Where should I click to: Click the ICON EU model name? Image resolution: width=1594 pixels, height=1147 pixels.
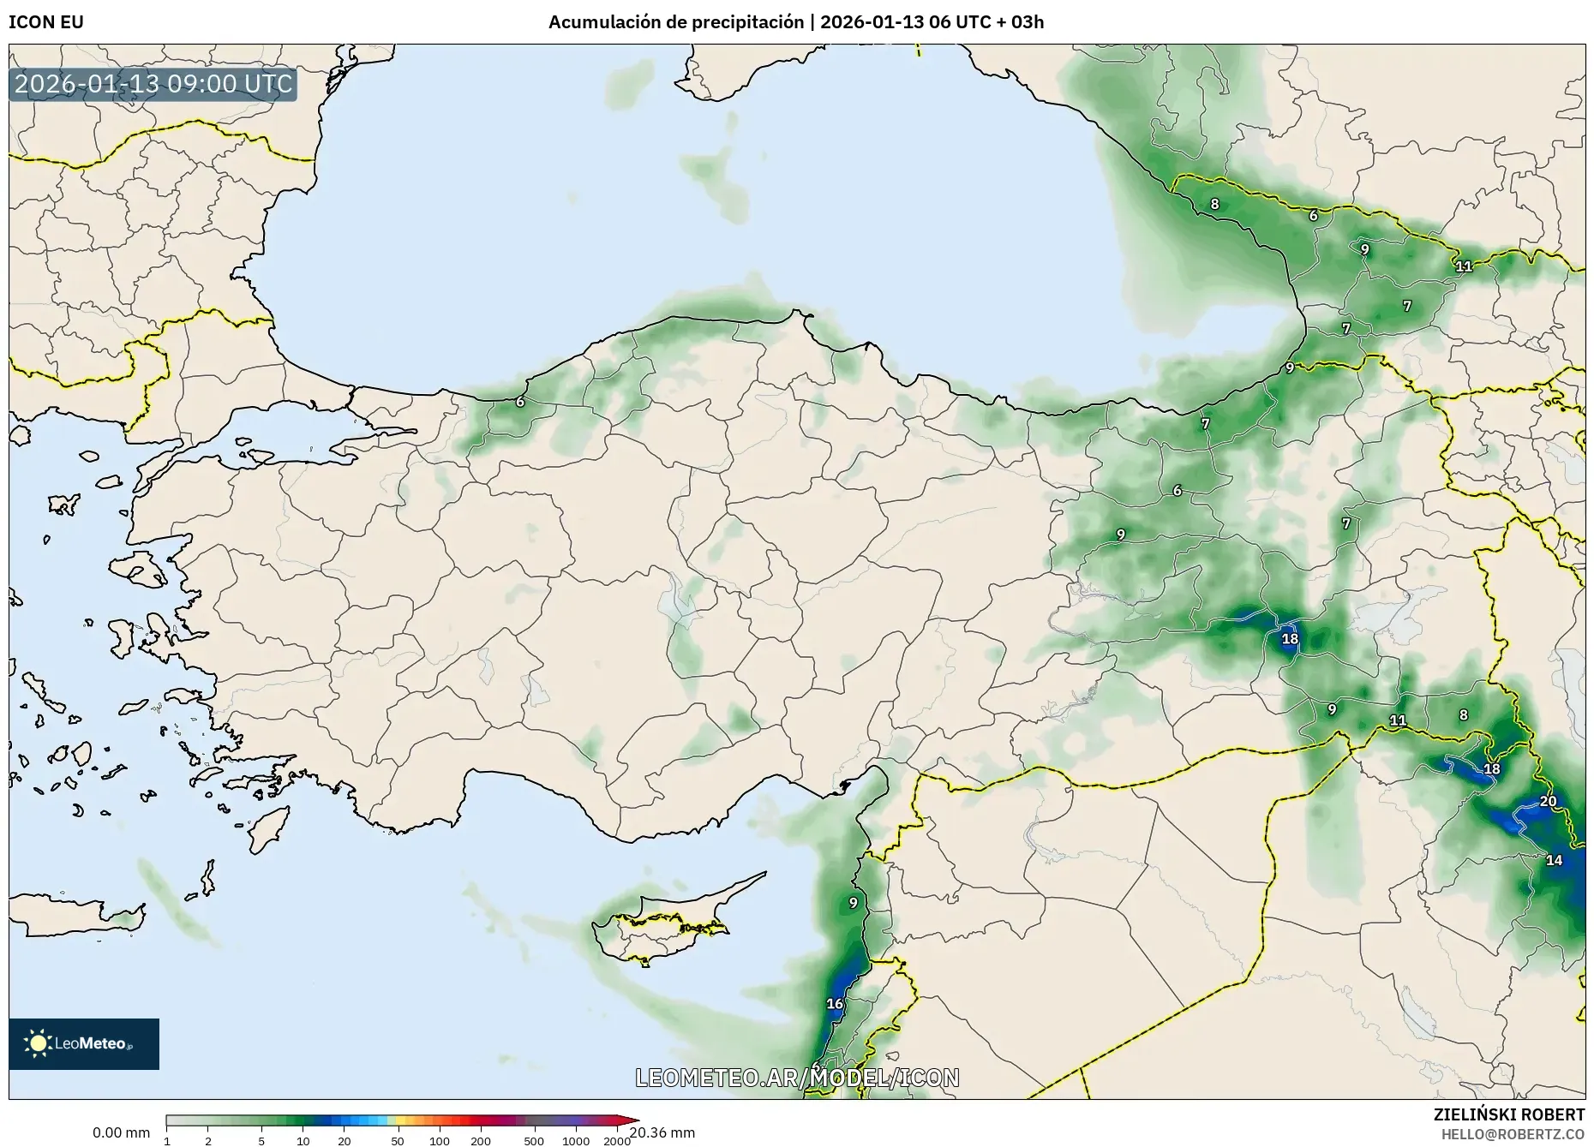46,22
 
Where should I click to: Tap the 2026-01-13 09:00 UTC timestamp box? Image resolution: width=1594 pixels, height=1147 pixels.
153,84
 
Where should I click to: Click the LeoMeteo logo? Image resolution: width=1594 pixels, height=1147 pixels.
84,1043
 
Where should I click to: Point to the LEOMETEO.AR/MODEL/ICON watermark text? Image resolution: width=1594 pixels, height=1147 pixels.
797,1078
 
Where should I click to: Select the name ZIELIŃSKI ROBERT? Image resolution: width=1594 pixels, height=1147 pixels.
1508,1114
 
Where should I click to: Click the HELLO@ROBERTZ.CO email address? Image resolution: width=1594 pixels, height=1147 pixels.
1513,1133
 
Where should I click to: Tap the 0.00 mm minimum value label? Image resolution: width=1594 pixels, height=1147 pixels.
121,1133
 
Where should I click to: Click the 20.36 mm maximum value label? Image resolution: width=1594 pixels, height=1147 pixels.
662,1133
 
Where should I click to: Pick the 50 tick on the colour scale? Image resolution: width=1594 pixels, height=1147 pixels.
397,1141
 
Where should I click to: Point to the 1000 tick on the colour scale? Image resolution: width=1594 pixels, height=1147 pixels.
576,1141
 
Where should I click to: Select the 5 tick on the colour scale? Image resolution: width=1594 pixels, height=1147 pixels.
261,1141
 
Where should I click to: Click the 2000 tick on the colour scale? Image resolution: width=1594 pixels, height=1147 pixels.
617,1141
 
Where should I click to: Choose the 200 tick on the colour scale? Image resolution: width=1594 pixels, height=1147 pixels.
481,1141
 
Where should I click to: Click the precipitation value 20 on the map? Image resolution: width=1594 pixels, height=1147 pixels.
1548,802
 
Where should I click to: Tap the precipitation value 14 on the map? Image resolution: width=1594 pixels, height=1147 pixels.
1554,860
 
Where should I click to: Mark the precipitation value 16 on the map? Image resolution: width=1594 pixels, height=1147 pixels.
834,1004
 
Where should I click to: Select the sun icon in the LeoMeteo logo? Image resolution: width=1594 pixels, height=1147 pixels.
39,1043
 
